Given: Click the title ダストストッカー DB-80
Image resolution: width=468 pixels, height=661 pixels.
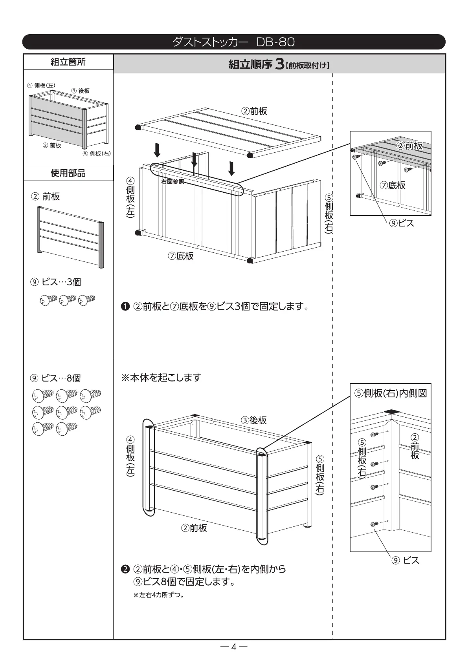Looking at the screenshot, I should coord(233,42).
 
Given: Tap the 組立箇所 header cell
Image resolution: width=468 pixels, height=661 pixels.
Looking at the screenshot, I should coord(68,62).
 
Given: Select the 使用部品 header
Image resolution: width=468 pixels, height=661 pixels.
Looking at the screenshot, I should coord(68,173).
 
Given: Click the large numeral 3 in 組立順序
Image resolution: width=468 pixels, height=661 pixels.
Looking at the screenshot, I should coord(279,64).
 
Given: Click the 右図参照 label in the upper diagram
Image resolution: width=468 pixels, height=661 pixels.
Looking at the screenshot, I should coord(173,182).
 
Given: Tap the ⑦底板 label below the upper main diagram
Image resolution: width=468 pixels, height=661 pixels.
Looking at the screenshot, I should coord(181,256).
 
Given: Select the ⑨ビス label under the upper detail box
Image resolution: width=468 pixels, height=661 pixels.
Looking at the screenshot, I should coord(401,223).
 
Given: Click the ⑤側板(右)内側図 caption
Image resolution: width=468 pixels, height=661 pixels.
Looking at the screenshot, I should coord(390,393).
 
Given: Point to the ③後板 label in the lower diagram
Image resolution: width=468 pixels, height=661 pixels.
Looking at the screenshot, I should coord(254,420).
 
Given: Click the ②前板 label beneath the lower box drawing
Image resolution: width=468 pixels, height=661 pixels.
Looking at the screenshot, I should coord(194,528).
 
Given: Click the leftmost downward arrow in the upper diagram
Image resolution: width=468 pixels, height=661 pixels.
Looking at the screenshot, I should coord(157,150).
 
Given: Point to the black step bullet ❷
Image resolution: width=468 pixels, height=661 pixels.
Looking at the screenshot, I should coord(125,569).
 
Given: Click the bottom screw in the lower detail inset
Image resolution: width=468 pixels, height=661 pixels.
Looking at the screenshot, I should coord(374,524).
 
